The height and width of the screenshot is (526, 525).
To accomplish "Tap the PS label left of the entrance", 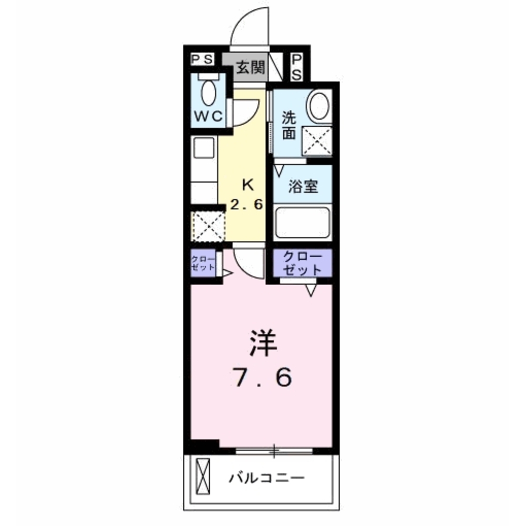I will pyautogui.click(x=202, y=59).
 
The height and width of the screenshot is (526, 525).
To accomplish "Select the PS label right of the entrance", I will pyautogui.click(x=296, y=67).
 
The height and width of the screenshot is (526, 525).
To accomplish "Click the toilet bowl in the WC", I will pyautogui.click(x=209, y=93).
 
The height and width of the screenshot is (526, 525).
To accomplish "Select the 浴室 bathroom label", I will pyautogui.click(x=304, y=186).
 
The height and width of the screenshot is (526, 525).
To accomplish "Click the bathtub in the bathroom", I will pyautogui.click(x=303, y=222).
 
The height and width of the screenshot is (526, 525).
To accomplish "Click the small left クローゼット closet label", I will pyautogui.click(x=203, y=263).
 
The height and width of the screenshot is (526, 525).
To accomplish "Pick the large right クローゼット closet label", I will pyautogui.click(x=303, y=263).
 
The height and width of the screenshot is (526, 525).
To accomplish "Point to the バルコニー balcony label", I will pyautogui.click(x=266, y=478).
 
